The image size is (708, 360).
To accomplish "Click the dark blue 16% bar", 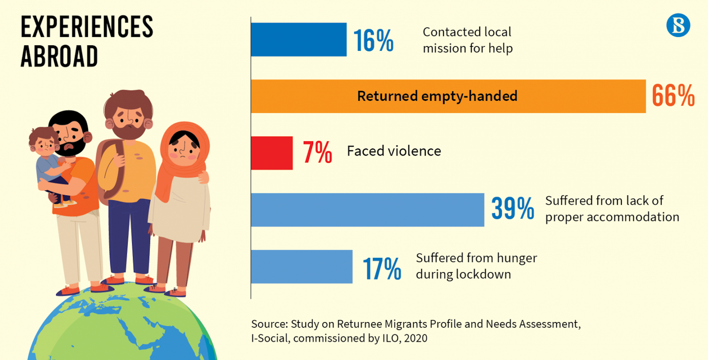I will pos(298,39).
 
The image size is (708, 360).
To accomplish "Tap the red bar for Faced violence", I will pos(272,153).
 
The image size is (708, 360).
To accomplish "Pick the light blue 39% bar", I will pos(367,210).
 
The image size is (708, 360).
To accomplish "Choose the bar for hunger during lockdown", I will pos(301,267).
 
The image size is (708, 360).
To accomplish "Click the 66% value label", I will pos(673,96).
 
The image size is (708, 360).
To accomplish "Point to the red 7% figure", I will pos(317,153).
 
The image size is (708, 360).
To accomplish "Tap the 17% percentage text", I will pos(382,268).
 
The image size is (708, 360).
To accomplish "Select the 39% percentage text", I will pos(512,208).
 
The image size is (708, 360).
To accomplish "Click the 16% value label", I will pos(373,41).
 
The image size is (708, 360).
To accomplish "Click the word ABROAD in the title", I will pos(59,57).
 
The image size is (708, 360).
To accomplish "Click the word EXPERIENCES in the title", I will pos(87,27).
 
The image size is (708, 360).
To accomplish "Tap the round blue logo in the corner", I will pos(678,25).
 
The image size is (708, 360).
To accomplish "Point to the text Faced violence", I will pos(394,151).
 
